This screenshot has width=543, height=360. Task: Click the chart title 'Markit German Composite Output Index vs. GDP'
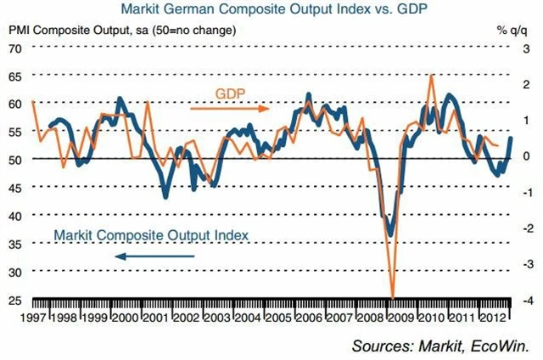271,11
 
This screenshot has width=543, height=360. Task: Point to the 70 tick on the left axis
15,48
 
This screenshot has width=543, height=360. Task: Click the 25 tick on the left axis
15,300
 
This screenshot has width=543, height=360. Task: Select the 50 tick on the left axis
15,159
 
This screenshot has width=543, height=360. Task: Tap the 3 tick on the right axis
528,48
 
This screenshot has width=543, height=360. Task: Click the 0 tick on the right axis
528,157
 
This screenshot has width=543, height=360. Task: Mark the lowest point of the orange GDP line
392,296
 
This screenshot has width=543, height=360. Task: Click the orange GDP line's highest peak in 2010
433,75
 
